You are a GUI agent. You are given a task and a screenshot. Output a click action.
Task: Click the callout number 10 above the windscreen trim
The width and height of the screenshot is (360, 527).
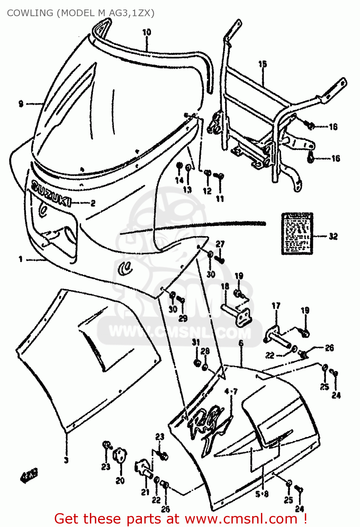click(146, 32)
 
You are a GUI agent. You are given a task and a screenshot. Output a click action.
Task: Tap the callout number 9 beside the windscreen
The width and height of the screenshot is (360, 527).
click(21, 104)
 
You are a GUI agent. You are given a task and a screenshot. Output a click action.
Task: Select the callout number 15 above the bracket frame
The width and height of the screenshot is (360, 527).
click(263, 64)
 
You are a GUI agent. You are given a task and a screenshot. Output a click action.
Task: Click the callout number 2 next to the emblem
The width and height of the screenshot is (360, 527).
click(93, 203)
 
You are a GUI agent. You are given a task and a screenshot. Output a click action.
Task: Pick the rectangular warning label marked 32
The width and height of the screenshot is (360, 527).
click(297, 233)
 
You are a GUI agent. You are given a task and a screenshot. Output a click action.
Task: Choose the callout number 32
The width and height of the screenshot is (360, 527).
click(333, 236)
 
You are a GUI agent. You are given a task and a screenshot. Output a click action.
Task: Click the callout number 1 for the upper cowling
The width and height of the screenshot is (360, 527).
click(21, 259)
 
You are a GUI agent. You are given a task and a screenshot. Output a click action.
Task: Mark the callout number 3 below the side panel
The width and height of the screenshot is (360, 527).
click(66, 460)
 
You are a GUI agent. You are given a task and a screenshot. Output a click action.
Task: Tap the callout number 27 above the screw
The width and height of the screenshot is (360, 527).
click(220, 244)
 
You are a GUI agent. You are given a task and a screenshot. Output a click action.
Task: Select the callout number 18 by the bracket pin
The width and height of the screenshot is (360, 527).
click(225, 286)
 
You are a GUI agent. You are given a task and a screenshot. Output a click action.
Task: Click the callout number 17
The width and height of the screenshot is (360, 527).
click(276, 306)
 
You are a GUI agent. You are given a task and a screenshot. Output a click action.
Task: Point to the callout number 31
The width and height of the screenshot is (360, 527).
click(196, 343)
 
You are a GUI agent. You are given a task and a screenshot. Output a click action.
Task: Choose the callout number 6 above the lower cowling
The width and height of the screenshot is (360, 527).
click(241, 343)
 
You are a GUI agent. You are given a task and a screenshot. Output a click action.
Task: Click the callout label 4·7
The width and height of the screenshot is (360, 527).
click(231, 391)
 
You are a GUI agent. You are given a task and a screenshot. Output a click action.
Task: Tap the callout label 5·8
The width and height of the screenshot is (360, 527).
click(262, 494)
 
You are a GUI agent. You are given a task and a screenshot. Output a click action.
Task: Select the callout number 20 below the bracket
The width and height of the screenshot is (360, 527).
click(120, 481)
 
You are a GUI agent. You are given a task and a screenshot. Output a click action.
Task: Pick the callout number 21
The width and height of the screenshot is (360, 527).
click(145, 492)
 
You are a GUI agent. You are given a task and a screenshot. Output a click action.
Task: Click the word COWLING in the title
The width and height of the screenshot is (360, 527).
click(30, 13)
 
